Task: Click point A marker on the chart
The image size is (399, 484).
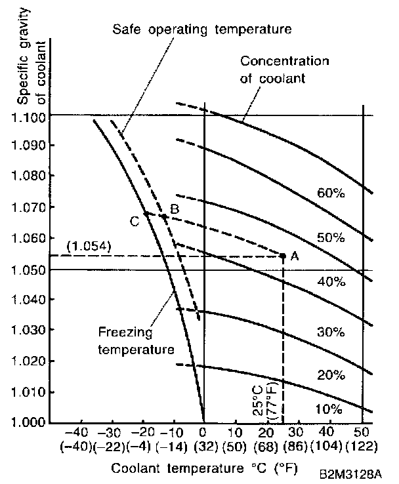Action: (x=283, y=255)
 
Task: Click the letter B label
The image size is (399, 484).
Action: (x=175, y=209)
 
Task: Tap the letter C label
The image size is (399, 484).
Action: (x=135, y=222)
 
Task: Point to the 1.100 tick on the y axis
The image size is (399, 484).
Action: (x=29, y=116)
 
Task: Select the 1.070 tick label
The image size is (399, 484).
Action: (x=29, y=208)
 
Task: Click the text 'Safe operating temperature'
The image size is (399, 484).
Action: (x=201, y=30)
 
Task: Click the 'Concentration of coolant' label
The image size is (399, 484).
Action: (x=283, y=70)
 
